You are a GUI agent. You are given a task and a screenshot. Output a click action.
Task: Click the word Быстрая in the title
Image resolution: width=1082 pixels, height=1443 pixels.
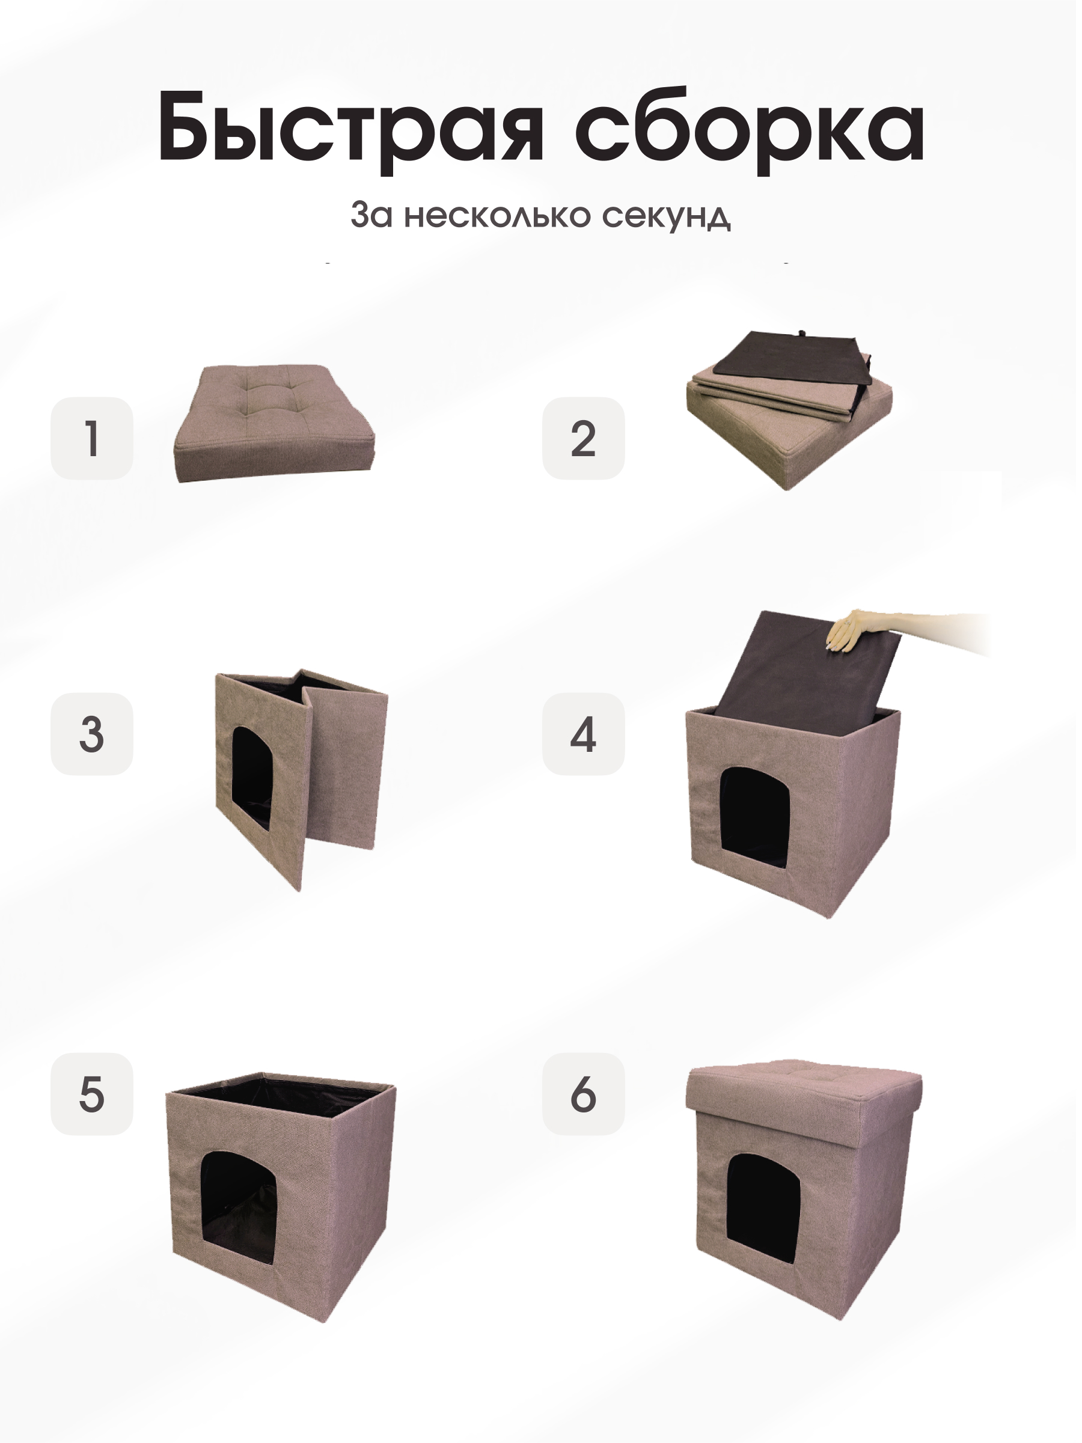[x=350, y=127]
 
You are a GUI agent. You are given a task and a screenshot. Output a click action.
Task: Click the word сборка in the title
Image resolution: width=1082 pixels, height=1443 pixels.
[x=748, y=127]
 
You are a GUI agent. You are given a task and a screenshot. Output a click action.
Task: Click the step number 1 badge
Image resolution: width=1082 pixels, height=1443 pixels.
[x=92, y=438]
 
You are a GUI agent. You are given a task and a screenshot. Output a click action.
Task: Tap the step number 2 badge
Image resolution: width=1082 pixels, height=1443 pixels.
[x=582, y=438]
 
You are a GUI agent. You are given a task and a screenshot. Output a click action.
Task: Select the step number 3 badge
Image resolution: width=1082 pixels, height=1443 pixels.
[x=92, y=734]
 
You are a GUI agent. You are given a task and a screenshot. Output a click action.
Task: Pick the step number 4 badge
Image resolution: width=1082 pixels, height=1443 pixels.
[x=582, y=734]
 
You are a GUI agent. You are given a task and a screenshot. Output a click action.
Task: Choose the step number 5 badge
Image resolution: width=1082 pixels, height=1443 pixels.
[x=92, y=1094]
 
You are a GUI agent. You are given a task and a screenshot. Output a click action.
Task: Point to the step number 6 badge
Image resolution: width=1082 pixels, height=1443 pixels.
[x=582, y=1094]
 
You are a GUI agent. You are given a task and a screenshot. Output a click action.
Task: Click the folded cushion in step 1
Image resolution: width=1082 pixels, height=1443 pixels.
[x=274, y=424]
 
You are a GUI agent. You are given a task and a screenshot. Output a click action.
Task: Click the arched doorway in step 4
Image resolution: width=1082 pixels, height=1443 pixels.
[x=755, y=809]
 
